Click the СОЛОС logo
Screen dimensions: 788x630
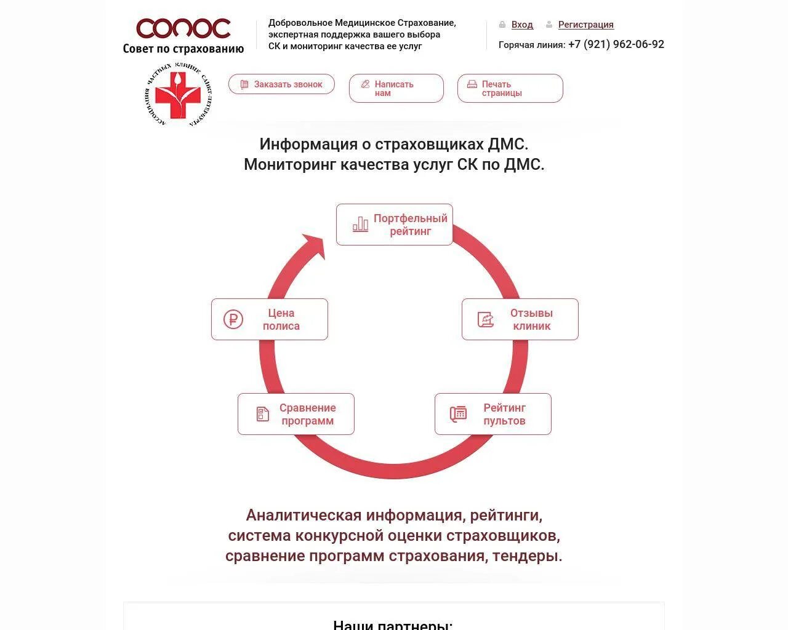tap(183, 36)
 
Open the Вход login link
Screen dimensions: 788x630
tap(522, 25)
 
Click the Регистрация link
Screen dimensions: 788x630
tap(585, 25)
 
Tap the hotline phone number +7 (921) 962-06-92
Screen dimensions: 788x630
tap(616, 44)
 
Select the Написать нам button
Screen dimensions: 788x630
tap(396, 89)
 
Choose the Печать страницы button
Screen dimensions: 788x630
tap(510, 89)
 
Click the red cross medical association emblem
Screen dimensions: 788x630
tap(178, 95)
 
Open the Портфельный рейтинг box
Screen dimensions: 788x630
tap(395, 225)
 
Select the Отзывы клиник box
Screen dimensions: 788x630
tap(520, 319)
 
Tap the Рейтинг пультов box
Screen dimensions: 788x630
tap(492, 414)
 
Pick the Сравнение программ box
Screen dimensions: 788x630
tap(295, 414)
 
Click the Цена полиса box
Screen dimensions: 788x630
tap(269, 319)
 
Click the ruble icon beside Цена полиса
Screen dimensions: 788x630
tap(233, 319)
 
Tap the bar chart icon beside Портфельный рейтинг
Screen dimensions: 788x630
tap(360, 225)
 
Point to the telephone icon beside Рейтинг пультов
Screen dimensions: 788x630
tap(458, 414)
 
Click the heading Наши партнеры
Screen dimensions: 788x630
tap(393, 624)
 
